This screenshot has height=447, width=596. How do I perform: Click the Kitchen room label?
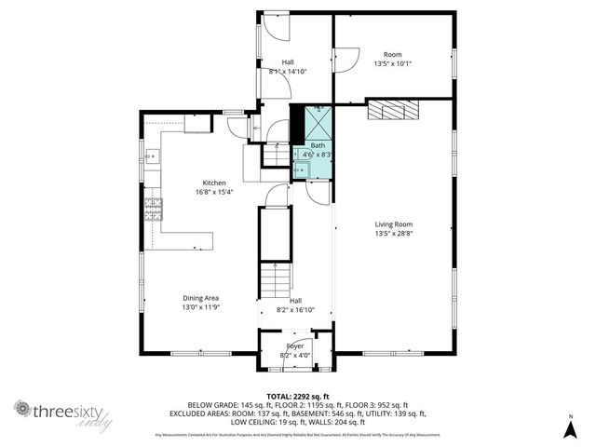click(214, 183)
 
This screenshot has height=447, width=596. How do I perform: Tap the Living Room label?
click(394, 224)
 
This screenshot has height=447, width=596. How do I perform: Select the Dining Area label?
click(200, 298)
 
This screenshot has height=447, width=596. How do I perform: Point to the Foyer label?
click(295, 345)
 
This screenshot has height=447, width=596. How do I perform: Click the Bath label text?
click(318, 145)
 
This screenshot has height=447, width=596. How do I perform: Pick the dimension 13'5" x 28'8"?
click(394, 234)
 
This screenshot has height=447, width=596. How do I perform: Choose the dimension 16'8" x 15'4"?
click(214, 192)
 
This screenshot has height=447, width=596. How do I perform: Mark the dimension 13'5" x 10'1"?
click(392, 64)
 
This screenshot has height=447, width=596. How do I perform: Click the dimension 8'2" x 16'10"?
click(295, 310)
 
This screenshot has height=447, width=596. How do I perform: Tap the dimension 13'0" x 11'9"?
click(200, 307)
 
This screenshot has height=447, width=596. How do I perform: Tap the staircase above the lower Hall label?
click(277, 277)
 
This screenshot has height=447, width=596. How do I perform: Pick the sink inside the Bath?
click(301, 169)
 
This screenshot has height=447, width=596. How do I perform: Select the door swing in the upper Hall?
click(274, 28)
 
